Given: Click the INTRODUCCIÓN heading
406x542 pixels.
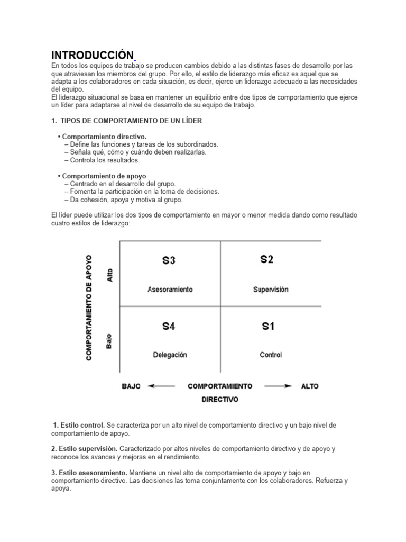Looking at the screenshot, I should point(92,55).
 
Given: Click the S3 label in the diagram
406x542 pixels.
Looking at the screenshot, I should point(169,260).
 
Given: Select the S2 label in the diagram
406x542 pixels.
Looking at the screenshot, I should point(267,259).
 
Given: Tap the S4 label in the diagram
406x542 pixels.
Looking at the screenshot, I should point(169,327).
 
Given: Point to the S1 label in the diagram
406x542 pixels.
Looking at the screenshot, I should point(268,327).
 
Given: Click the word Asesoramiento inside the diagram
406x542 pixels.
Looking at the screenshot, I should point(170,290).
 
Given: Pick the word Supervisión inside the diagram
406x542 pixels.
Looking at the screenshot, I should point(271,290).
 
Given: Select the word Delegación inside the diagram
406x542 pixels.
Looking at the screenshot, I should point(170,355).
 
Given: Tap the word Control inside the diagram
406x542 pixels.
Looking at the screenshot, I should point(271,355).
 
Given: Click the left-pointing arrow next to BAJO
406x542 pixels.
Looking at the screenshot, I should point(161,386).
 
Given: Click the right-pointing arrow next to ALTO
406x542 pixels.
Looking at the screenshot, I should point(278,386).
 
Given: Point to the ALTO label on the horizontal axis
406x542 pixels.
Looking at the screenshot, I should point(310,386).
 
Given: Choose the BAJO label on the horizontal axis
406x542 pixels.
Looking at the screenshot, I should point(131,386).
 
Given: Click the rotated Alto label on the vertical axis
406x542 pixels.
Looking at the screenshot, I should point(110,274).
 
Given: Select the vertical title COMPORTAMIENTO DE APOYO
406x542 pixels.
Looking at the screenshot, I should point(89,308).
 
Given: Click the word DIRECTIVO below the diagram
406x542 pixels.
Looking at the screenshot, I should point(220,400).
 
